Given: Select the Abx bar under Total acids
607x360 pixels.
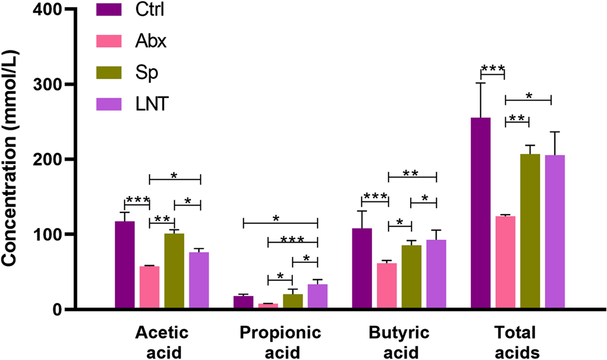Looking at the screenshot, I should [x=506, y=262].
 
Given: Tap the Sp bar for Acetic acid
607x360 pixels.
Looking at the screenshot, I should [x=174, y=271].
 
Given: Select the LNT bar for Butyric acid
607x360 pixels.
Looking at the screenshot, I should [x=436, y=274].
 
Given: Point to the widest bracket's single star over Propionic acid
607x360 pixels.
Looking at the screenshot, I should [x=276, y=218].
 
